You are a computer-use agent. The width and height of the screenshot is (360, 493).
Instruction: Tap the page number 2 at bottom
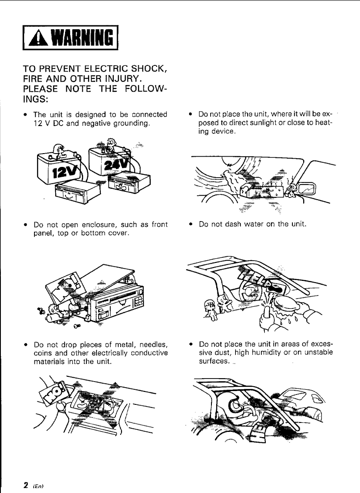(26, 485)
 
